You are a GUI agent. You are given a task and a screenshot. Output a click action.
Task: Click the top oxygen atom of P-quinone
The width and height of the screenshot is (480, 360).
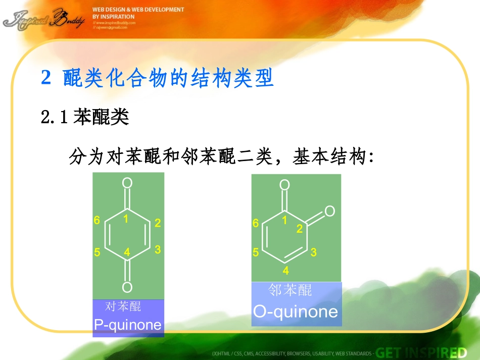coord(127,183)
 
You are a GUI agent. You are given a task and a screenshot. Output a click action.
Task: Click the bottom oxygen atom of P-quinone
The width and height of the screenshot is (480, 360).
coord(127,287)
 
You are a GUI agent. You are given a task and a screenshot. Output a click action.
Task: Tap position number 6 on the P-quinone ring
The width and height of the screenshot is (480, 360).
coord(97,220)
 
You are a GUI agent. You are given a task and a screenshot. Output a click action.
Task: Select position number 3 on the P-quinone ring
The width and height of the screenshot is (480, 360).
coord(158,249)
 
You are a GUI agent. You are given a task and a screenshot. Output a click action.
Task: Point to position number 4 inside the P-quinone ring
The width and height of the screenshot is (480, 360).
coord(127,251)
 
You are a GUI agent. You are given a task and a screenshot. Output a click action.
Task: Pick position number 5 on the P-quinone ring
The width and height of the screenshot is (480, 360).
coord(97,252)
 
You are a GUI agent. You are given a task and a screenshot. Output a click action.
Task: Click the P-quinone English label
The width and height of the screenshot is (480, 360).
coord(128,325)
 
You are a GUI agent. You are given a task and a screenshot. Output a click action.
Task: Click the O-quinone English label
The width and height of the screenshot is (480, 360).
coord(296,311)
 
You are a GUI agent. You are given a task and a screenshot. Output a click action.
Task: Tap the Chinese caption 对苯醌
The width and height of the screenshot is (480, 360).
coord(123,306)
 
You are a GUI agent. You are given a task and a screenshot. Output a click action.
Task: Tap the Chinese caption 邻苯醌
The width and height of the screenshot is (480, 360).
coord(290,290)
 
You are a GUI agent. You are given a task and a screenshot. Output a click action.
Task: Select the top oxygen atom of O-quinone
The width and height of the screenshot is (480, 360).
coord(285,185)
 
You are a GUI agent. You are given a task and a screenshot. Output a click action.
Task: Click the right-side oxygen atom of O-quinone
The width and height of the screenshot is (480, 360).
coord(330,211)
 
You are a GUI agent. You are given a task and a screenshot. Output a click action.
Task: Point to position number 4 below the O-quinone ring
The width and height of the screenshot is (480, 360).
coord(286,271)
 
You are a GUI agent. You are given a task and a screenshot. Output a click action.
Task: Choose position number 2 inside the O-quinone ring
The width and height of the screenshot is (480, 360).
coord(299,229)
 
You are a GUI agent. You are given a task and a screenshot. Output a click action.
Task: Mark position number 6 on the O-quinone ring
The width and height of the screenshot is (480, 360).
coord(256,223)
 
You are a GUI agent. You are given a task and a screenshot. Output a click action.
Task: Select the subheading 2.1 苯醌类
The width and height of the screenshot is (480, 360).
coord(85,118)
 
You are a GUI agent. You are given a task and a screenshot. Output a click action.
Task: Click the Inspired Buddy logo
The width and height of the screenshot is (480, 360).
coord(43,19)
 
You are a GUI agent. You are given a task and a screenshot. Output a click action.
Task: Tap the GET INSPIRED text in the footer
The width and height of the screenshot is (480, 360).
coord(422,352)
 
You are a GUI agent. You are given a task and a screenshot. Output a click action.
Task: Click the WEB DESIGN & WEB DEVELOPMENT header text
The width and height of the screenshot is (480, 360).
coord(138,10)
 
